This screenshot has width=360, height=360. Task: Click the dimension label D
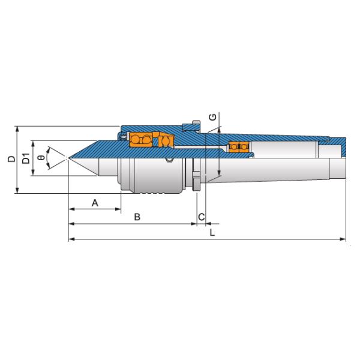click(10, 160)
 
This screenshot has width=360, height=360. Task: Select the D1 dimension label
click(25, 160)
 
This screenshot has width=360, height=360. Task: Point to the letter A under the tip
click(95, 203)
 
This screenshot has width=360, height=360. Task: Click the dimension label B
click(137, 217)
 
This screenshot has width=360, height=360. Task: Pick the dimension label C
click(202, 217)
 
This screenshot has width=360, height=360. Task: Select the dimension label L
click(212, 232)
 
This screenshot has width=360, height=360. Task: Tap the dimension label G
click(213, 116)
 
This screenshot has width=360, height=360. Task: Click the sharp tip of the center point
click(69, 159)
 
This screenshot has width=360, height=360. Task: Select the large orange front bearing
click(141, 140)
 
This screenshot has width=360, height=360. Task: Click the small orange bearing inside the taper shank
click(240, 146)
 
